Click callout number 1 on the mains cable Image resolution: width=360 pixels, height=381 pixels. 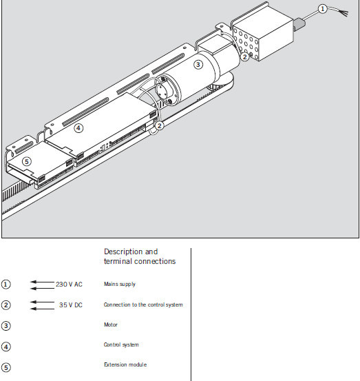click(322, 9)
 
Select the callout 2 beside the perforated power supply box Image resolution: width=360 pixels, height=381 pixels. click(244, 57)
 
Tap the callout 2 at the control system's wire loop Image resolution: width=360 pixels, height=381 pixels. click(159, 125)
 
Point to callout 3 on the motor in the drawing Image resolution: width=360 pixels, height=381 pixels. click(198, 65)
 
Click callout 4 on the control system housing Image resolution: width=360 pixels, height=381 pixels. click(78, 128)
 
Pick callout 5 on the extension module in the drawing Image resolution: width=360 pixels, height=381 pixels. click(27, 162)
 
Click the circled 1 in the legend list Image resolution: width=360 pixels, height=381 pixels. click(6, 285)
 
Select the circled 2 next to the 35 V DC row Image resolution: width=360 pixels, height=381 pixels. click(6, 305)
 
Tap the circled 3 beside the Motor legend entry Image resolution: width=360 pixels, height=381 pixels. click(6, 326)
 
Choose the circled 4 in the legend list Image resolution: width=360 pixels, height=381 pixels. click(6, 347)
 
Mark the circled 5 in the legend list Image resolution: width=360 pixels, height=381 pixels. click(6, 367)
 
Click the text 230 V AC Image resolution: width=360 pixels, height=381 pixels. click(70, 285)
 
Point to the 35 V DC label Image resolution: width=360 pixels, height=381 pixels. click(71, 305)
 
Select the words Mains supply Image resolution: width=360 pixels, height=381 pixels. click(120, 284)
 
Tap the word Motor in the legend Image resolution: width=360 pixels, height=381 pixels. click(110, 325)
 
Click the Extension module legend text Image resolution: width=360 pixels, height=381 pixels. click(125, 364)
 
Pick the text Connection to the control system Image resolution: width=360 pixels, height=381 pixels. click(143, 305)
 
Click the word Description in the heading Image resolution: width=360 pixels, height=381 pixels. click(123, 251)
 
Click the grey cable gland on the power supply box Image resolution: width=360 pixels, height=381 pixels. click(299, 23)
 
